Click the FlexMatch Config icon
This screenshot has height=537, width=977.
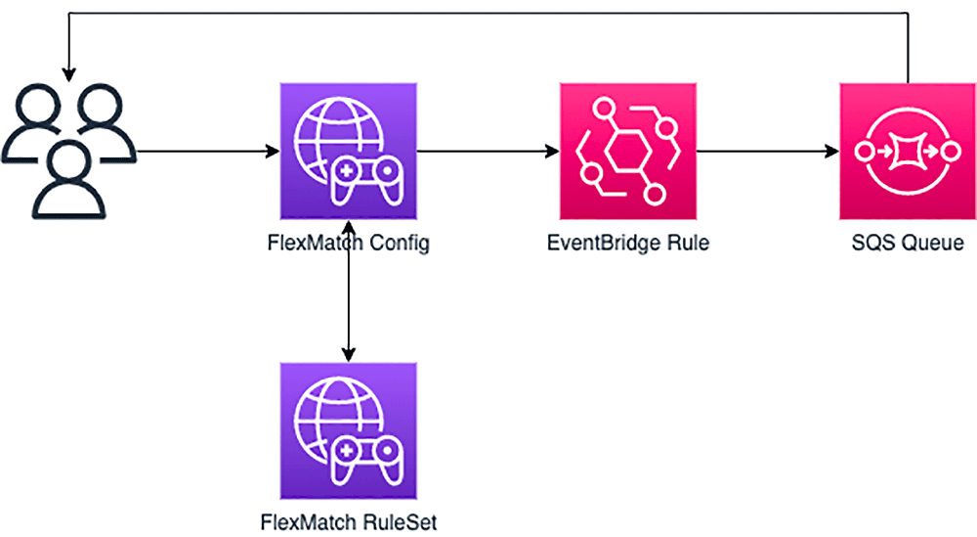click(x=349, y=152)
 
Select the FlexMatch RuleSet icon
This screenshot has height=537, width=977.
click(x=349, y=430)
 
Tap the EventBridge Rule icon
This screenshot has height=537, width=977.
click(x=628, y=152)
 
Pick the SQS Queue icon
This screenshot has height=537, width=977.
click(x=908, y=152)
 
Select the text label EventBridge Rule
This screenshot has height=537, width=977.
click(x=628, y=243)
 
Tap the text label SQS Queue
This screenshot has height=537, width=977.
click(x=908, y=243)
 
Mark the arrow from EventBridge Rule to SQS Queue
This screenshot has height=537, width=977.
click(x=768, y=152)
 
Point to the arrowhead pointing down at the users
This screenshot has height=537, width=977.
click(x=67, y=73)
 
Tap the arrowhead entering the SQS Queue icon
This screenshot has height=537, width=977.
click(x=832, y=152)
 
